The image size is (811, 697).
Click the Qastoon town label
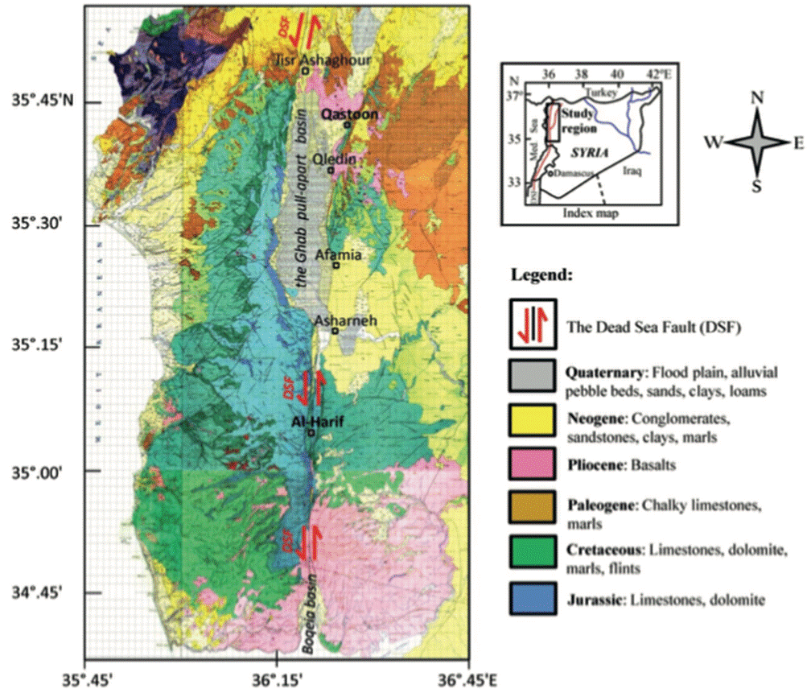tap(349, 115)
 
